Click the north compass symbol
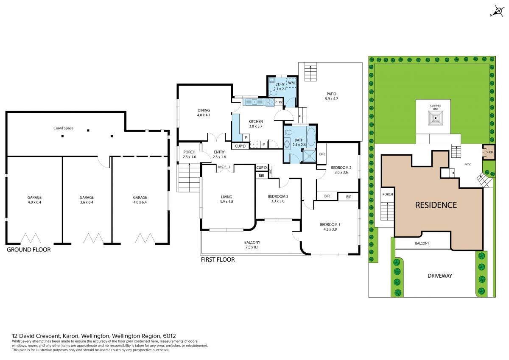[498, 11]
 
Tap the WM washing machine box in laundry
[291, 83]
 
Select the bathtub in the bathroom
[311, 136]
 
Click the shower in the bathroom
[309, 155]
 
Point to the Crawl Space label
[63, 128]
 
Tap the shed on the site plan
[489, 152]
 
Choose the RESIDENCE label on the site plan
[436, 205]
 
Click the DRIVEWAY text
[440, 276]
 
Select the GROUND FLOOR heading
[29, 250]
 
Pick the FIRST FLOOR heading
[218, 260]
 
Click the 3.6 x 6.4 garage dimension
[87, 202]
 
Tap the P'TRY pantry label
[278, 102]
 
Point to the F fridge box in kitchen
[254, 144]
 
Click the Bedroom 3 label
[278, 196]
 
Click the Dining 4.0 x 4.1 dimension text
[204, 115]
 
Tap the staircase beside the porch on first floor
[189, 177]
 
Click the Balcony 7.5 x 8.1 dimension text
[252, 247]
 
